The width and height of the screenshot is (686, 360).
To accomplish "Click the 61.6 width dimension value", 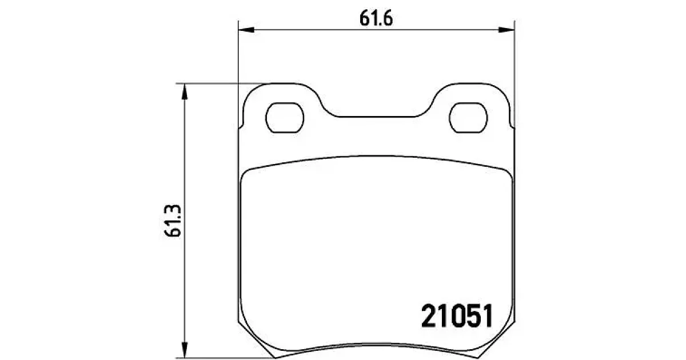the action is tap(376, 18).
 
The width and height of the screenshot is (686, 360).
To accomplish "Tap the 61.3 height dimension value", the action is tap(173, 221).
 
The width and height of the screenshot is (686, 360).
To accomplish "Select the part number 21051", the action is tap(457, 316).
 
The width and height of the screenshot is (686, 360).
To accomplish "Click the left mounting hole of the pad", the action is tap(285, 118).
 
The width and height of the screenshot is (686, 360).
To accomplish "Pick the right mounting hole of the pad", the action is tap(468, 118).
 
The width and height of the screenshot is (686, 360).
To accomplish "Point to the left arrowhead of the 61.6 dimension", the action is tap(246, 30).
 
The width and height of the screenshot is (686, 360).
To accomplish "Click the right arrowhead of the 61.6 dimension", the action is tap(506, 30).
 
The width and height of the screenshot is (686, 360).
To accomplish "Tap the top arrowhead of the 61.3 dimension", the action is tap(184, 91).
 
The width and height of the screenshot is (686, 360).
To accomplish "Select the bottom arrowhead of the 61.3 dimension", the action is tap(184, 350).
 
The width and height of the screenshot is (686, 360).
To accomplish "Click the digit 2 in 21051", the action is tap(429, 316).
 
